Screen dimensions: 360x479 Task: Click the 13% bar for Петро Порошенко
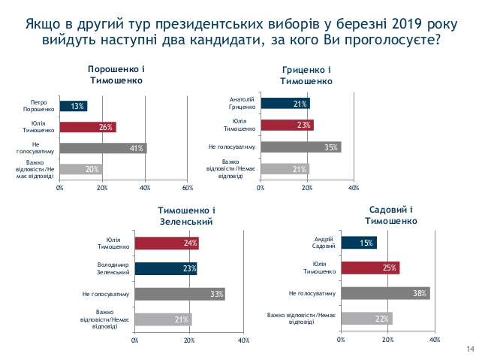click(x=73, y=106)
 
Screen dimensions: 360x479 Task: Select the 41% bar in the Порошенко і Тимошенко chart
click(x=102, y=148)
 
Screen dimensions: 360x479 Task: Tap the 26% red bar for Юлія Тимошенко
click(x=87, y=127)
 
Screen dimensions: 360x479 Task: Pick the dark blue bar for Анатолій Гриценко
click(x=285, y=104)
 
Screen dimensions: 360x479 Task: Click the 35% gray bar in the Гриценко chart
click(x=300, y=147)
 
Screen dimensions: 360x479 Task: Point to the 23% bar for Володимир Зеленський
click(x=165, y=268)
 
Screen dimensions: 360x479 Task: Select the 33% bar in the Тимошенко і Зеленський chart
click(x=179, y=293)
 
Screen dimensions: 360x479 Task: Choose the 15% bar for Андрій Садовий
click(x=358, y=243)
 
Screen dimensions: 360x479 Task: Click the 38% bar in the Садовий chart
click(x=384, y=292)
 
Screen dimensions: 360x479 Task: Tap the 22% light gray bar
click(x=366, y=318)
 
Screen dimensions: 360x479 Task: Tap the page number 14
click(x=470, y=348)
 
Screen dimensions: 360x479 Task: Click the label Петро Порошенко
click(x=40, y=106)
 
